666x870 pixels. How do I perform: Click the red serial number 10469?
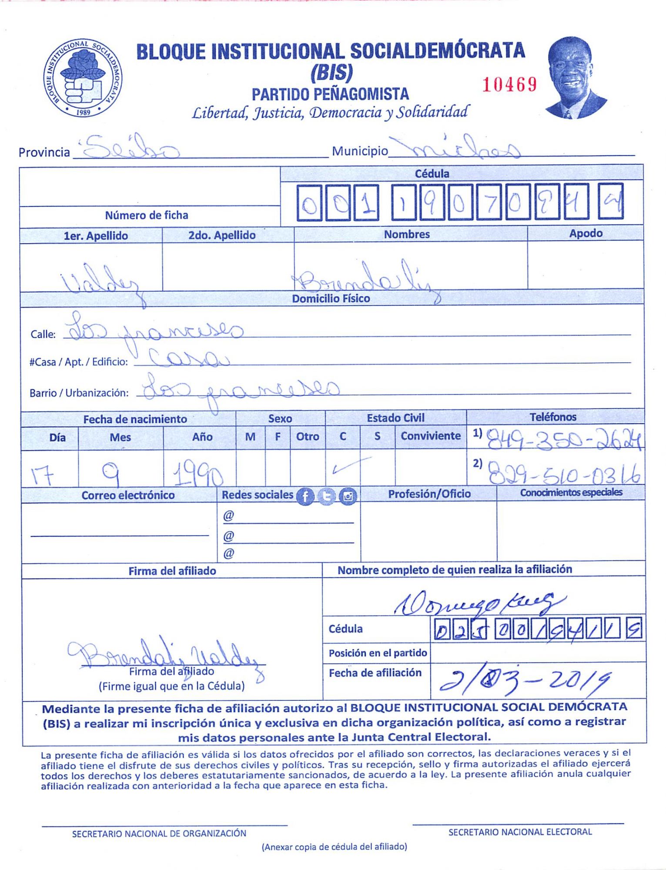point(509,84)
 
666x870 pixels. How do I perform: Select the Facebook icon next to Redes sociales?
point(305,496)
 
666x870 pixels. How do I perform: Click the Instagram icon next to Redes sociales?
point(348,496)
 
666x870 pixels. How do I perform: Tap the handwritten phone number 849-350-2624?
point(563,440)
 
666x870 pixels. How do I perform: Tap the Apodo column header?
point(586,234)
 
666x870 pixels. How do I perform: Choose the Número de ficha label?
point(147,215)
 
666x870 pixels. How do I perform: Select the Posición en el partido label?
point(378,653)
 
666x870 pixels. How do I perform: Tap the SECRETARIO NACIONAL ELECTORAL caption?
point(520,832)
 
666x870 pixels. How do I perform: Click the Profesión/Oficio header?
point(429,494)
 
